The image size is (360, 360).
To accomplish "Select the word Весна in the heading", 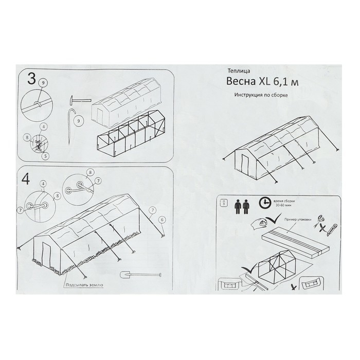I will (241, 82).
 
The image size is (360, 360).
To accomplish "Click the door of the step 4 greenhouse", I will (47, 255).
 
